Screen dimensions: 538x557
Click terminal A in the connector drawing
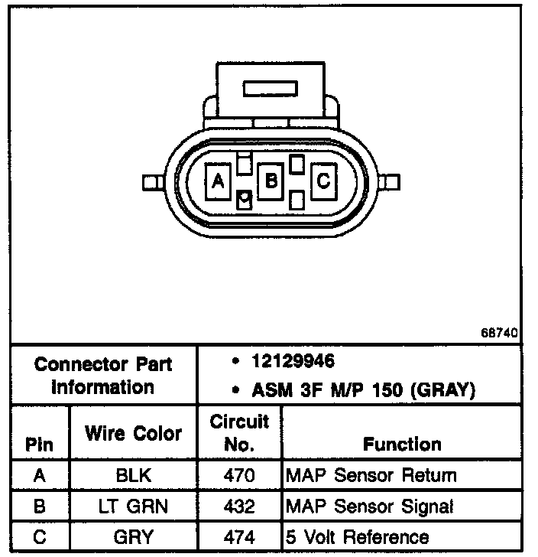(217, 181)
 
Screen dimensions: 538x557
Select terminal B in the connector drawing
(270, 181)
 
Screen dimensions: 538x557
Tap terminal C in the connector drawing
(322, 181)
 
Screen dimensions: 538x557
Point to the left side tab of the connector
(151, 182)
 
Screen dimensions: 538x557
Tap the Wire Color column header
(133, 433)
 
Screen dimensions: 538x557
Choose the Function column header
(402, 445)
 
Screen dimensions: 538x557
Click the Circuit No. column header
(239, 433)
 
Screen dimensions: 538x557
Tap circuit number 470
(239, 476)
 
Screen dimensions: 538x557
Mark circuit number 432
(239, 507)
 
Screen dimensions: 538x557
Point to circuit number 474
(239, 537)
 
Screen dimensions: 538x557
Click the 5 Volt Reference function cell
(357, 537)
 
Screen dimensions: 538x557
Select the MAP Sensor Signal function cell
(369, 507)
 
